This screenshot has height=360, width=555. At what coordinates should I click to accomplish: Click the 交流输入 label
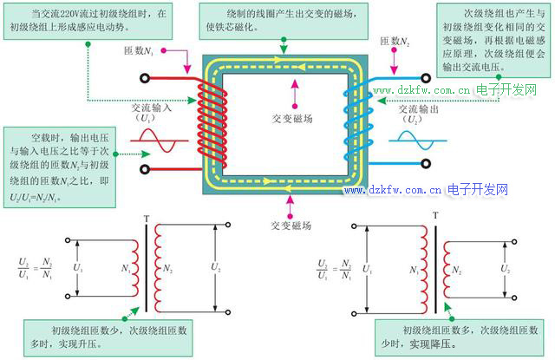151,110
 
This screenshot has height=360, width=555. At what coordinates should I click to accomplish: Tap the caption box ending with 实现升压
108,337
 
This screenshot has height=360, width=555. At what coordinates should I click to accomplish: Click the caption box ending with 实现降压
459,337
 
